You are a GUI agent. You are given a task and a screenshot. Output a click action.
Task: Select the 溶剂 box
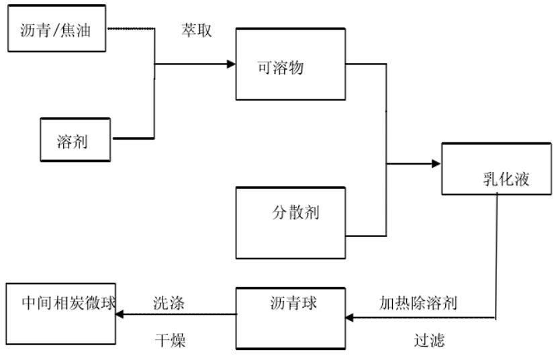(x=75, y=140)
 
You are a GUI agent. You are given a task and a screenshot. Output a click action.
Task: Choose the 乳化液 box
(x=496, y=169)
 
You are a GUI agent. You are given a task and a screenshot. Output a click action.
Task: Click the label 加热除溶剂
(x=418, y=302)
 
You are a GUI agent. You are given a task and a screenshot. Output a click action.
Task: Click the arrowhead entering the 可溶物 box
(x=231, y=64)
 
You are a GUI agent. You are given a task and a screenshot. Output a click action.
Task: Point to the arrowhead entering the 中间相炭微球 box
(x=122, y=314)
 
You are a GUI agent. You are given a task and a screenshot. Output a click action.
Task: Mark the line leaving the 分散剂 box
(x=366, y=236)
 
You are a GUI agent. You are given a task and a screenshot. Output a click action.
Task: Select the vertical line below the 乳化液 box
(x=497, y=255)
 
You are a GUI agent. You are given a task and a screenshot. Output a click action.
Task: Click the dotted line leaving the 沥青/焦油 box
(x=131, y=29)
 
